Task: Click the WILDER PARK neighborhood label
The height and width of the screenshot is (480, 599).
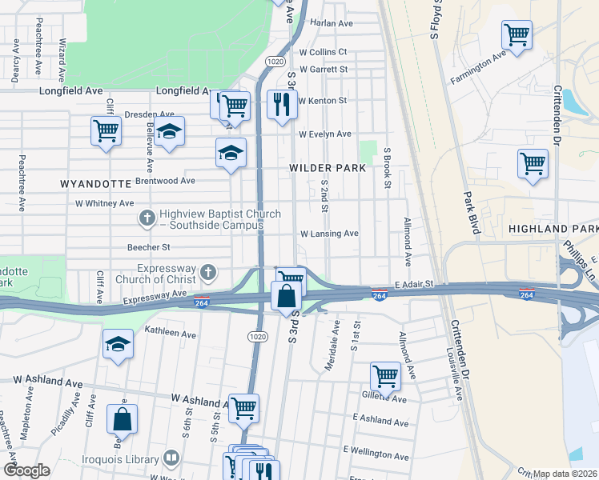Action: pos(328,168)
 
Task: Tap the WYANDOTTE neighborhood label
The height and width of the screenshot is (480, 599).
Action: pos(95,183)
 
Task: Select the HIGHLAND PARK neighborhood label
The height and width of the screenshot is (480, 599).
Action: pos(553,230)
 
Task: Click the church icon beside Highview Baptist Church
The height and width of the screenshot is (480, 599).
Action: pos(147,217)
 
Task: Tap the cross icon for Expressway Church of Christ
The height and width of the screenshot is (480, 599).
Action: pos(207,273)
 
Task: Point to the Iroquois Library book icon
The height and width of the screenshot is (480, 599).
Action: pos(170,458)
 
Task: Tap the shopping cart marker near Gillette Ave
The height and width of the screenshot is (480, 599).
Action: pos(385,375)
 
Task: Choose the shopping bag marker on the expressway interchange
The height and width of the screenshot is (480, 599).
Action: pos(286,296)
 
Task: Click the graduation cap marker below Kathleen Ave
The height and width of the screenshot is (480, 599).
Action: pos(119,344)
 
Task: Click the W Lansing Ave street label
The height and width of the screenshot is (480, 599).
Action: pos(328,234)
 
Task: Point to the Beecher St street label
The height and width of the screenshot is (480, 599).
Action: pos(149,248)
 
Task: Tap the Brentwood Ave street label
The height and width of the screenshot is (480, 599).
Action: pos(166,181)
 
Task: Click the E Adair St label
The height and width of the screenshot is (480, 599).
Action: pos(413,284)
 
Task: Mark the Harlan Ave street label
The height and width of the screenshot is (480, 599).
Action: pos(331,23)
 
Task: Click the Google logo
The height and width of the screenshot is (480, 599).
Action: pos(26,470)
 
